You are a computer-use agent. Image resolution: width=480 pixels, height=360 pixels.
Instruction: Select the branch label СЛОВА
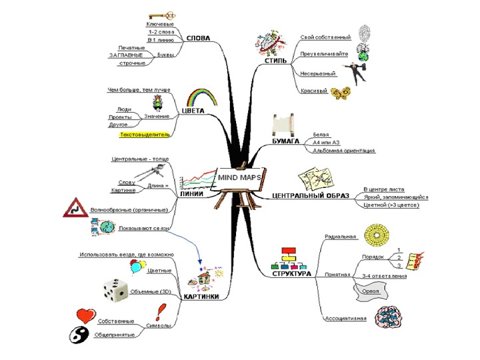pyautogui.click(x=199, y=39)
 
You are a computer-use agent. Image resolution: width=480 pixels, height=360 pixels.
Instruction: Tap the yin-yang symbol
pyautogui.click(x=79, y=335)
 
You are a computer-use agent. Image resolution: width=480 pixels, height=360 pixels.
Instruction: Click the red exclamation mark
pyautogui.click(x=160, y=311)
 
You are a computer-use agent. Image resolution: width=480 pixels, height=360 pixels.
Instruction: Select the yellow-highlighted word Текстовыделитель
pyautogui.click(x=144, y=135)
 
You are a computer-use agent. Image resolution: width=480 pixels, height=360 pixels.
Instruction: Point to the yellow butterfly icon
pyautogui.click(x=342, y=92)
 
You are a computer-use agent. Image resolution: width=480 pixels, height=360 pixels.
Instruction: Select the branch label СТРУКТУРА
pyautogui.click(x=291, y=273)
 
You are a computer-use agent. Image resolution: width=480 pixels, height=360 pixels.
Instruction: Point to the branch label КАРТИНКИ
pyautogui.click(x=201, y=297)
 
